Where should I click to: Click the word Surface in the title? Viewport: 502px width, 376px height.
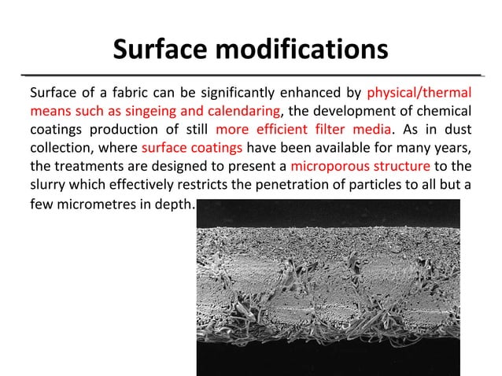(x=161, y=50)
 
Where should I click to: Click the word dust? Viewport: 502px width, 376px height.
(x=458, y=128)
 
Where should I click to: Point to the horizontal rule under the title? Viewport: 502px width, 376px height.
(x=250, y=75)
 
